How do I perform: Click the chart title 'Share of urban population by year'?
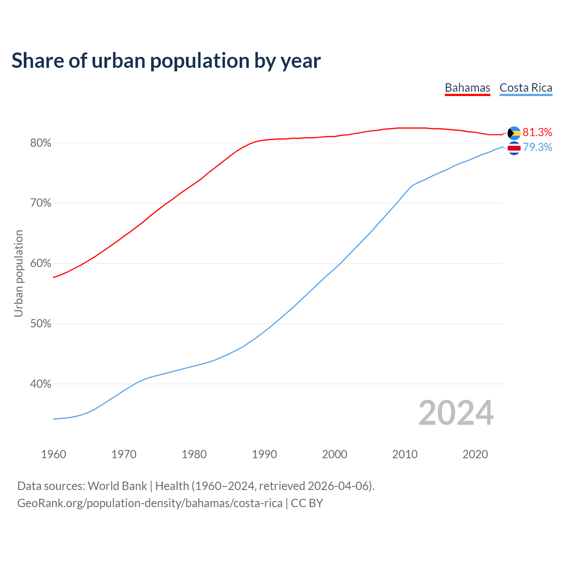tap(166, 60)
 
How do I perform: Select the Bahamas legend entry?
tap(468, 88)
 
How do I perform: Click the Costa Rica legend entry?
tap(526, 88)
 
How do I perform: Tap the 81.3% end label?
tap(537, 132)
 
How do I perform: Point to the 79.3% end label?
tap(537, 147)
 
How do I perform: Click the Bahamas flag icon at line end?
tap(514, 133)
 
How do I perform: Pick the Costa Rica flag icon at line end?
tap(514, 148)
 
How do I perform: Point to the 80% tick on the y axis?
tap(41, 143)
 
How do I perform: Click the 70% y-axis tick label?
tap(41, 203)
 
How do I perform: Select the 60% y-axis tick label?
tap(41, 263)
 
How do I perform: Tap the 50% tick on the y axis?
tap(41, 324)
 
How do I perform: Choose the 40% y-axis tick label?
tap(41, 384)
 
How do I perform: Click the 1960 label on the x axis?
tap(54, 454)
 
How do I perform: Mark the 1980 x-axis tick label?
tap(194, 454)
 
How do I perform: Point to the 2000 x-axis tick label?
tap(335, 454)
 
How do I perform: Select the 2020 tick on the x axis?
tap(475, 454)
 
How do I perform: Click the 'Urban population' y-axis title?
tap(19, 273)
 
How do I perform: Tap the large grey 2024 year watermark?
tap(456, 413)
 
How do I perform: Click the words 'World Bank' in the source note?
tap(117, 486)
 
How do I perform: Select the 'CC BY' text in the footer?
tap(307, 503)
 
